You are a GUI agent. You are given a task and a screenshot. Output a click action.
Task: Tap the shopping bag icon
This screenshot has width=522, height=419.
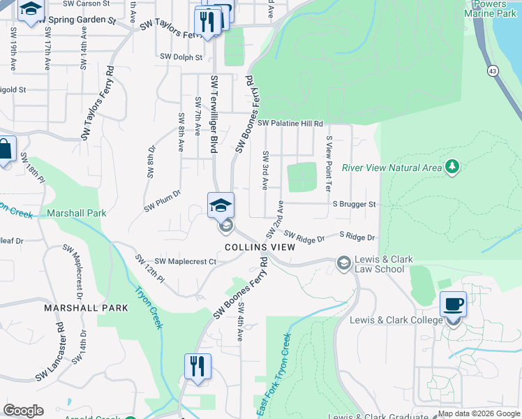[4, 149]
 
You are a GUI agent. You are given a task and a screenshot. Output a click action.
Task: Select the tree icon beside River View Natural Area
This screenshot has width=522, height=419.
[453, 166]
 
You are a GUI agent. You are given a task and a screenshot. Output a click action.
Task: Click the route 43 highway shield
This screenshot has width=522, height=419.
[493, 71]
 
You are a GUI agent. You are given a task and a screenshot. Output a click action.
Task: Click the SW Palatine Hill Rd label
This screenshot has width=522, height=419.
[290, 124]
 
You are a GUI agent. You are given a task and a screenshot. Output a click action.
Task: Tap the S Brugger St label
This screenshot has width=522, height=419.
[354, 205]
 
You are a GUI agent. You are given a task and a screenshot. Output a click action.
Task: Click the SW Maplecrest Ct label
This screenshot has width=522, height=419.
[186, 261]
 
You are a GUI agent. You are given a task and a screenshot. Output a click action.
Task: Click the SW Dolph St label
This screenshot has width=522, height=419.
[181, 57]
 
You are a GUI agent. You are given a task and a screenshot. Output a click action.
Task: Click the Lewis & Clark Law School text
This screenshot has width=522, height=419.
[379, 264]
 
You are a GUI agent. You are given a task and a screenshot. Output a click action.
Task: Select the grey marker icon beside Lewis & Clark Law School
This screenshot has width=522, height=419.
[343, 263]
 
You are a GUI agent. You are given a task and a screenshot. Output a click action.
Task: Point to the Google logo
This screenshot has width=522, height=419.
[23, 411]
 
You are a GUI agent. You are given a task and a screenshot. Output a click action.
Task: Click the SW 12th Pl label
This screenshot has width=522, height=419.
[150, 269]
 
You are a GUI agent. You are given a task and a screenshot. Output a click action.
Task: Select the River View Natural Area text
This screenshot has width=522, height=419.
[403, 168]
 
